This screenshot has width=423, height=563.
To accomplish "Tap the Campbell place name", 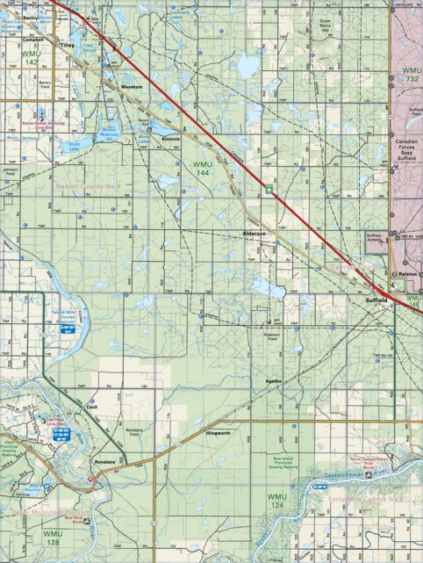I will tap(34, 39).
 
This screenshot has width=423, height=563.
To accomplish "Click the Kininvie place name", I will tap(169, 139).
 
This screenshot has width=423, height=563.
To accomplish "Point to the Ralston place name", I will tap(407, 274).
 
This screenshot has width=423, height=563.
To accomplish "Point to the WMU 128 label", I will tap(50, 538).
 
